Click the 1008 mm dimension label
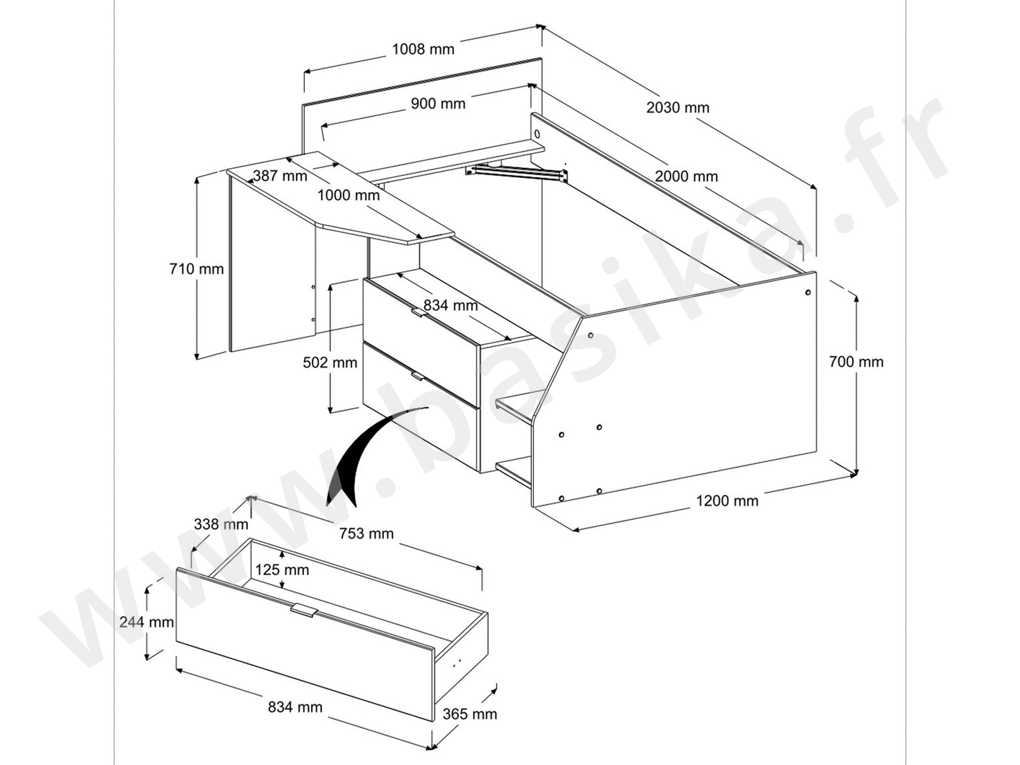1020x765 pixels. pos(423,49)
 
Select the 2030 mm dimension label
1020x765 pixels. pos(678,108)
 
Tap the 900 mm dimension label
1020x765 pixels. pos(438,104)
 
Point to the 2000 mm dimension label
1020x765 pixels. pos(686,176)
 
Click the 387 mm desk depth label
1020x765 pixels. pos(280,176)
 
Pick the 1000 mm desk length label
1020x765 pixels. pos(348,195)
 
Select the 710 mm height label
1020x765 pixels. pos(196,269)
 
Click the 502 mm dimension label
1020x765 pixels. pos(330,363)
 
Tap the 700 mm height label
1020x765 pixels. pos(856,362)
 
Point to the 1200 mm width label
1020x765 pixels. pos(727,501)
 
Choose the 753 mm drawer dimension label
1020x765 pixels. pos(366,533)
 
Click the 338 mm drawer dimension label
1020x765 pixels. pos(221,524)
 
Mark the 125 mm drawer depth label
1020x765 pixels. pos(282,570)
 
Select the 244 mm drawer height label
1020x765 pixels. pos(146,622)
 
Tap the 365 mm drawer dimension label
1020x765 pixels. pos(469,714)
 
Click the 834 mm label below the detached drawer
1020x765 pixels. pos(295,707)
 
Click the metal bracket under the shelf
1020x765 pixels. pos(518,172)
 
